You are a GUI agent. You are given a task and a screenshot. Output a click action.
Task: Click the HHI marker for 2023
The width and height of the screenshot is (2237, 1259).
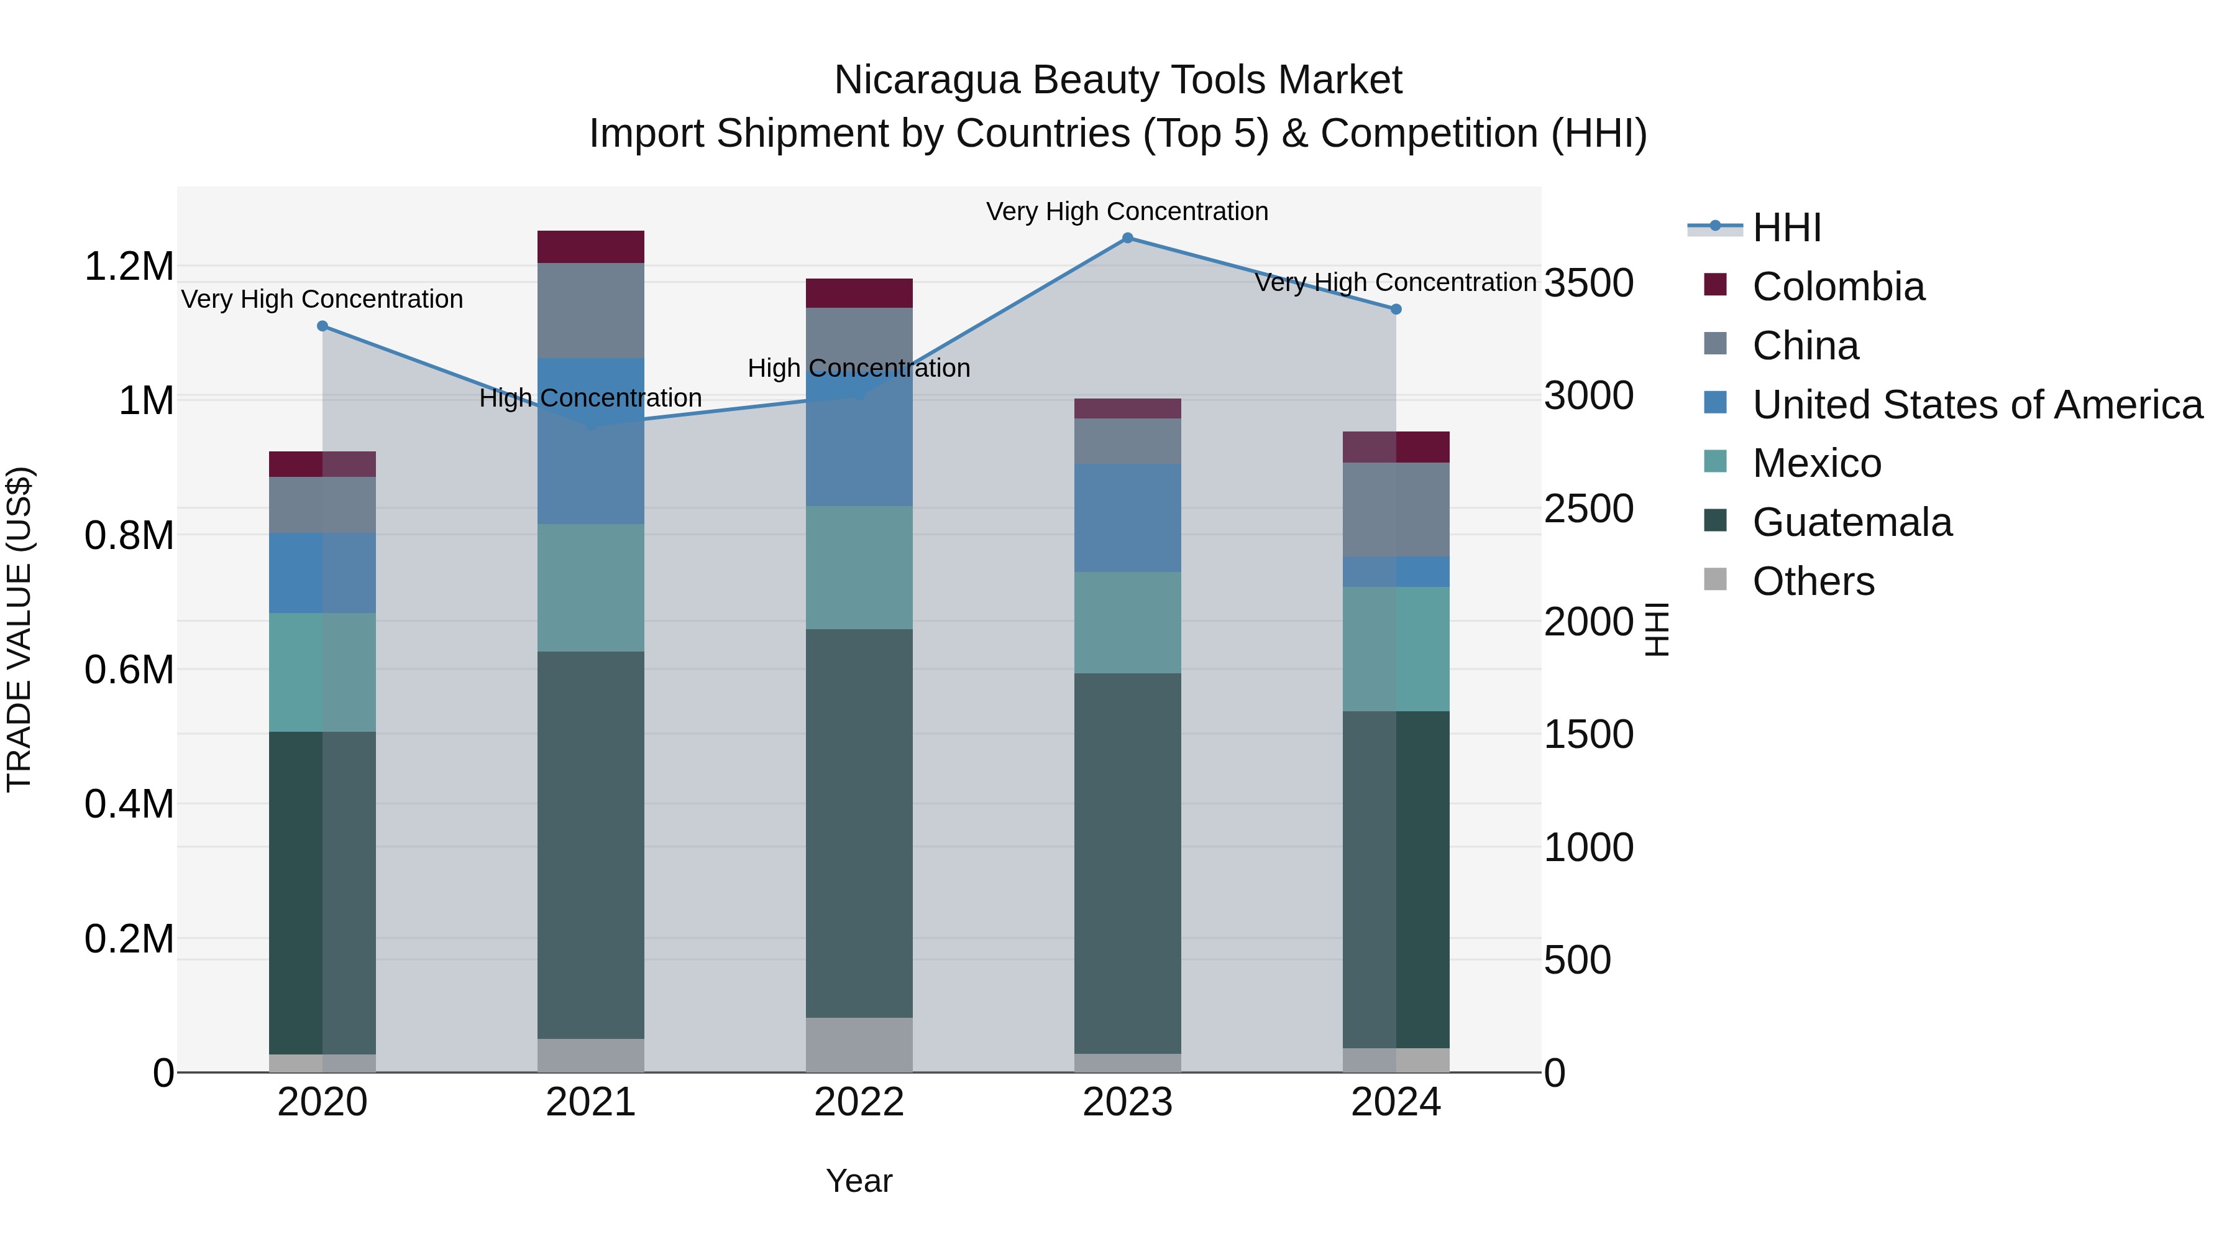(x=1127, y=238)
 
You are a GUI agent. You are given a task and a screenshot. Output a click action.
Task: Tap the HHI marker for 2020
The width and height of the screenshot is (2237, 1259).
(x=322, y=326)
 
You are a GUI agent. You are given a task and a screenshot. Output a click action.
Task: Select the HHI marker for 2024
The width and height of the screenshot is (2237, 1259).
(x=1396, y=310)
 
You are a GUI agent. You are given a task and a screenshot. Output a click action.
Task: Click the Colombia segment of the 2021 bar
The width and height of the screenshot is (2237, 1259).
(x=590, y=247)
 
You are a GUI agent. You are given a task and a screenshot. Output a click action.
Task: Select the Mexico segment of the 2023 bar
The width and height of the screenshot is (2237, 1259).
(x=1127, y=622)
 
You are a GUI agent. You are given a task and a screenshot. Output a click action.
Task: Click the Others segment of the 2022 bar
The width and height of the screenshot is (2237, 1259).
(x=859, y=1045)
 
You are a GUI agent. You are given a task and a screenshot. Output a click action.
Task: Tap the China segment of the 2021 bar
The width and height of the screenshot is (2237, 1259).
(x=590, y=310)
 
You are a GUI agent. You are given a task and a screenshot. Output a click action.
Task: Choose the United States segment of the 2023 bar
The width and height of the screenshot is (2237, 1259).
(x=1127, y=518)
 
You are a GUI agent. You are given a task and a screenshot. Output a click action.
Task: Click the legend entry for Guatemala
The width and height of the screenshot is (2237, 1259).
(x=1852, y=522)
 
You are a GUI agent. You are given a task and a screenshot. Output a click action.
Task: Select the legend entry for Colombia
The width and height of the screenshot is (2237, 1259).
(x=1837, y=287)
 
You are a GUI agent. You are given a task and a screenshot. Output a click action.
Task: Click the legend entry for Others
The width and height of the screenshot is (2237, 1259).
(x=1813, y=581)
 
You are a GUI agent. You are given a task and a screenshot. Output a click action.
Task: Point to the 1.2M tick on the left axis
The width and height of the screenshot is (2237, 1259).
(x=129, y=266)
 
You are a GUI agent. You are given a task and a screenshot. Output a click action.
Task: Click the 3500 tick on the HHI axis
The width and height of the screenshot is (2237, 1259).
(x=1588, y=284)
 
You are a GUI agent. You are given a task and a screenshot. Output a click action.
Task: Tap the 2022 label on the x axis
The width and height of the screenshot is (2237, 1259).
(x=859, y=1102)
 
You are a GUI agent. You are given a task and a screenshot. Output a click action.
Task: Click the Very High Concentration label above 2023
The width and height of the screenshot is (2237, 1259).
(x=1127, y=211)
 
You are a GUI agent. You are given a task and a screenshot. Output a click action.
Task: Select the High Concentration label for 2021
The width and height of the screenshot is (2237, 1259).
(x=590, y=398)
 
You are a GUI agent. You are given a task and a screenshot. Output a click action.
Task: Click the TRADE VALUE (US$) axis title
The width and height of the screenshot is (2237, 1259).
(x=19, y=629)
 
